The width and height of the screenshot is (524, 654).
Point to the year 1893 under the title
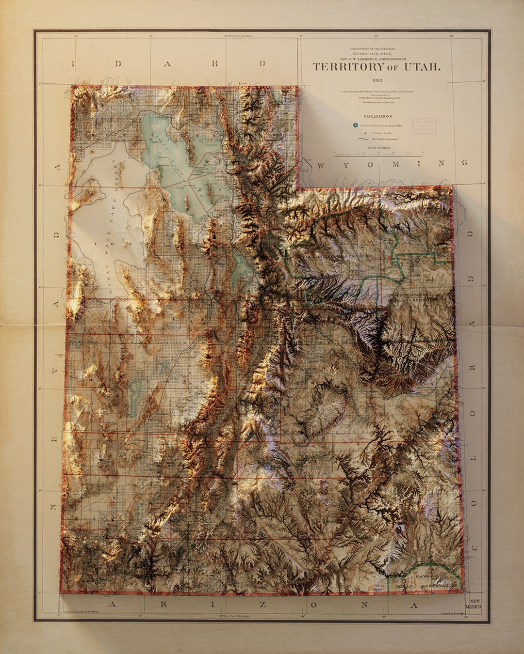click(x=377, y=80)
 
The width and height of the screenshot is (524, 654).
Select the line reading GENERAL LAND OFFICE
click(x=377, y=54)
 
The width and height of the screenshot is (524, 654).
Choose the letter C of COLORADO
click(x=474, y=546)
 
